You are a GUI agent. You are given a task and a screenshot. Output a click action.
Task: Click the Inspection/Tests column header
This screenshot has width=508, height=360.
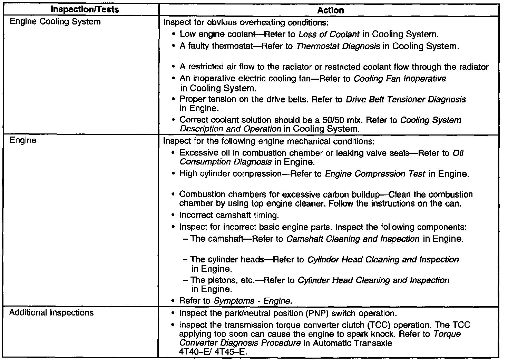(84, 9)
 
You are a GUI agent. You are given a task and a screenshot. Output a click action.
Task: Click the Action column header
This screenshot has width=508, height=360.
(330, 10)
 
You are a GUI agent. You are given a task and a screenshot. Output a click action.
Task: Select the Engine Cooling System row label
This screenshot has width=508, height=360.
(55, 22)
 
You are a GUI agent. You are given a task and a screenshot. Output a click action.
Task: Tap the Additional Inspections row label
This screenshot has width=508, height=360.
(51, 313)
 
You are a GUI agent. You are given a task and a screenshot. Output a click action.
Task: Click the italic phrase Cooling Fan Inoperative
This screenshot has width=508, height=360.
(400, 79)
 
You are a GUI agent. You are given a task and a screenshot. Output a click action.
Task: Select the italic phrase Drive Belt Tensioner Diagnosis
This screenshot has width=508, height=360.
(406, 100)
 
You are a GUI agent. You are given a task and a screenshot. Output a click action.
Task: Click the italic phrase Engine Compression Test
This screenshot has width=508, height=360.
(375, 174)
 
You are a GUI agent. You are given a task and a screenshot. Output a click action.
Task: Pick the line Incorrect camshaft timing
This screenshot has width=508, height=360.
(229, 216)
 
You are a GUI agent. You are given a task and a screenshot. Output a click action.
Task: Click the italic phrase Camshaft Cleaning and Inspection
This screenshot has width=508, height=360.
(353, 239)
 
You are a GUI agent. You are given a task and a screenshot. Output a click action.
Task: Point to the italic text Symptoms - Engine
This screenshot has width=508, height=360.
(253, 301)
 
